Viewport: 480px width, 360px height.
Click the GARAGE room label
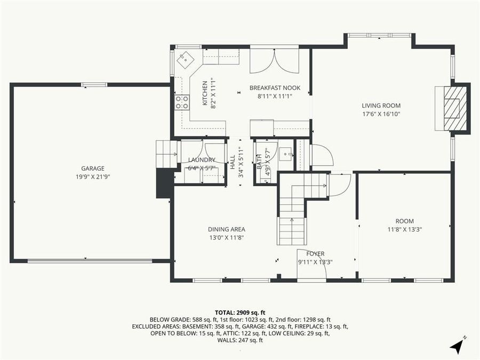tap(93, 169)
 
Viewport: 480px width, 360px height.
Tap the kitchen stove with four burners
tap(182, 102)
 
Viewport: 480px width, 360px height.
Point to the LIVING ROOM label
tap(381, 106)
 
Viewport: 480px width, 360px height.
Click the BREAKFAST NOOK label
tap(275, 88)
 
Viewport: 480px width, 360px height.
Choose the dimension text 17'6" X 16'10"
tap(381, 114)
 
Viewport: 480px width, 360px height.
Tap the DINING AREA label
tap(227, 229)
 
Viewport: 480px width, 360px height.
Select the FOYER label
tap(315, 253)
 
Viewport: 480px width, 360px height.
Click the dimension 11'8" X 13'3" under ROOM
tap(405, 229)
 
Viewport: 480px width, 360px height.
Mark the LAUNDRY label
tap(202, 160)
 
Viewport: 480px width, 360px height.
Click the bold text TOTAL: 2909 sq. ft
tap(240, 312)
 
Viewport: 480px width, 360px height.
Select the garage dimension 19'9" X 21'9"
tap(93, 177)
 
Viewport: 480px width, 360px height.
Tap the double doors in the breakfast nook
tap(274, 61)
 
